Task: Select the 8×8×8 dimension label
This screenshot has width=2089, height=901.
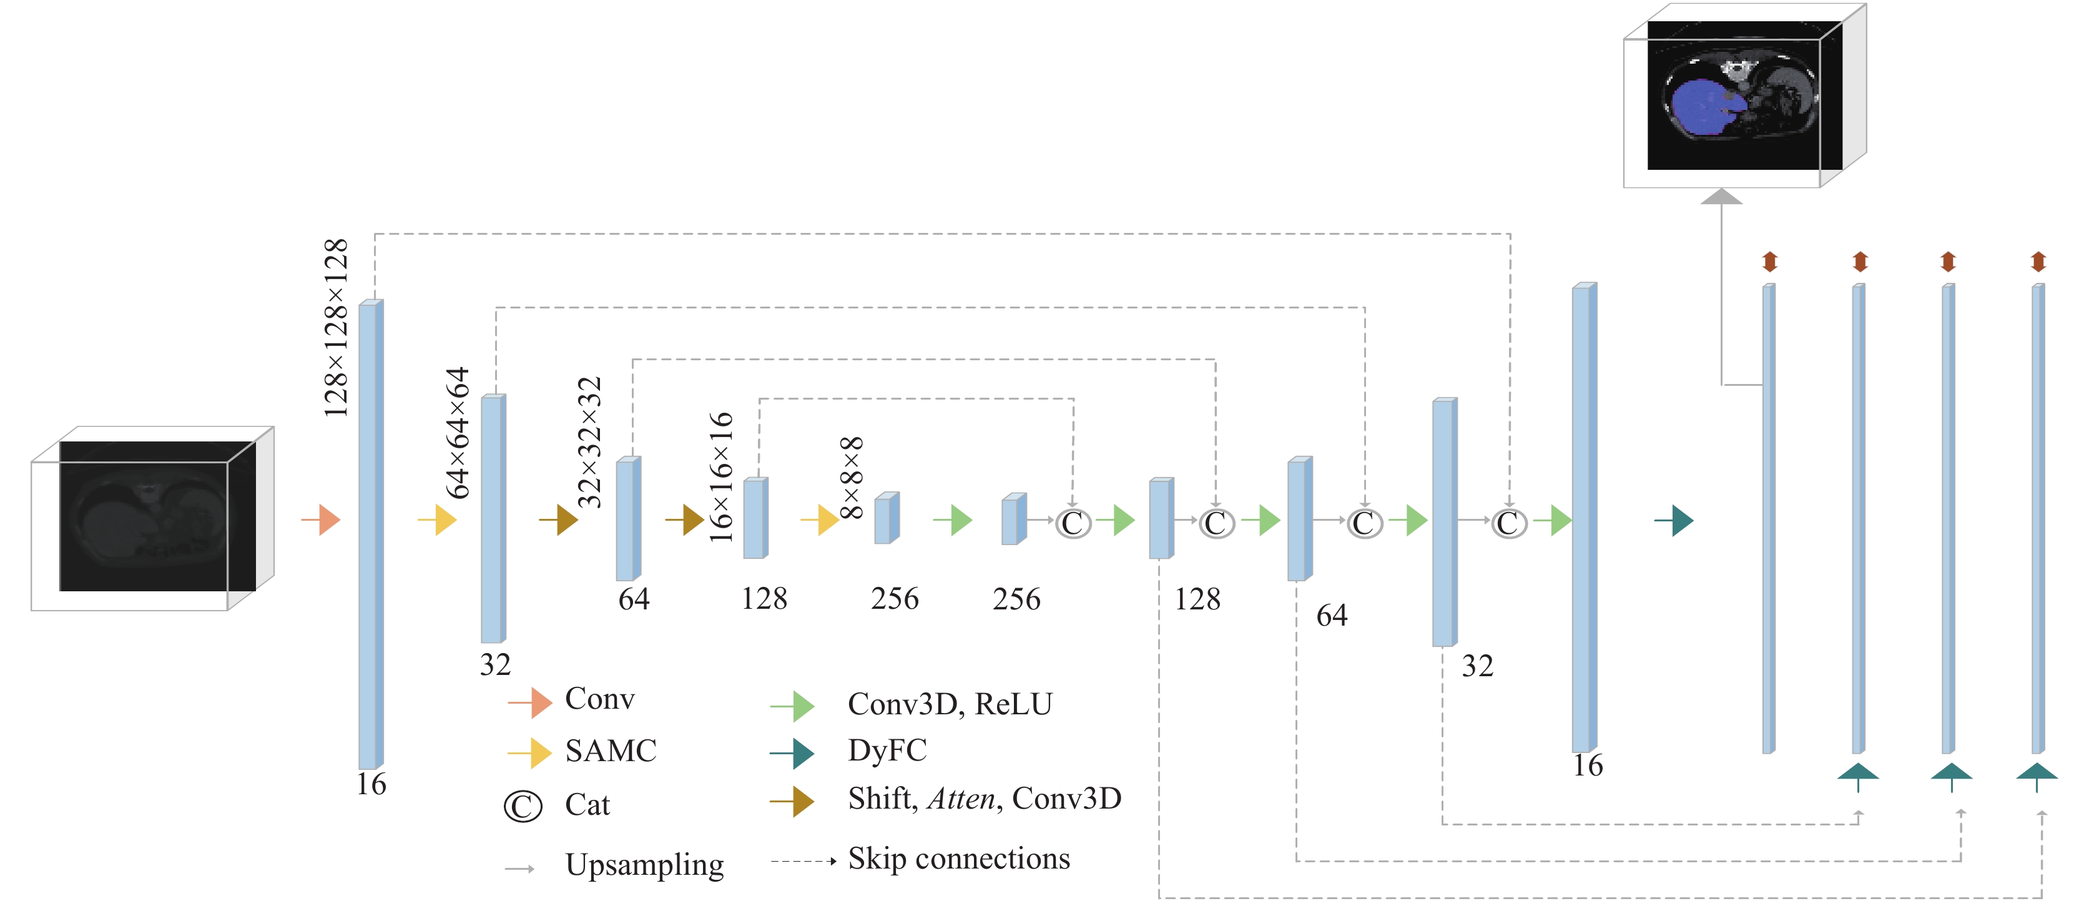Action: pos(851,478)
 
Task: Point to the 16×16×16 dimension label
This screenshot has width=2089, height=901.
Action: pos(720,477)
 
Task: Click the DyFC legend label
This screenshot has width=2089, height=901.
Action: pos(887,750)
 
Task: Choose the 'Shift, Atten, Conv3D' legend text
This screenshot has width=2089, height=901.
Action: pos(985,799)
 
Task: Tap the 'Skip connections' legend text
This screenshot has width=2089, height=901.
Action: pos(958,858)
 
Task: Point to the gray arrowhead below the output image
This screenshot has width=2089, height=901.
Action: pos(1721,196)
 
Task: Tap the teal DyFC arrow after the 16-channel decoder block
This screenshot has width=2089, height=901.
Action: pos(1674,520)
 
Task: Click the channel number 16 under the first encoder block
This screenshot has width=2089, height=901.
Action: pos(371,784)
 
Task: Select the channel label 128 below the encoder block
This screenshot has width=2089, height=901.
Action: pos(764,599)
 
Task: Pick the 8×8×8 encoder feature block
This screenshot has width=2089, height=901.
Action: pos(887,518)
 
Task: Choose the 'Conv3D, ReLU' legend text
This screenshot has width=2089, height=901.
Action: pos(950,704)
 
